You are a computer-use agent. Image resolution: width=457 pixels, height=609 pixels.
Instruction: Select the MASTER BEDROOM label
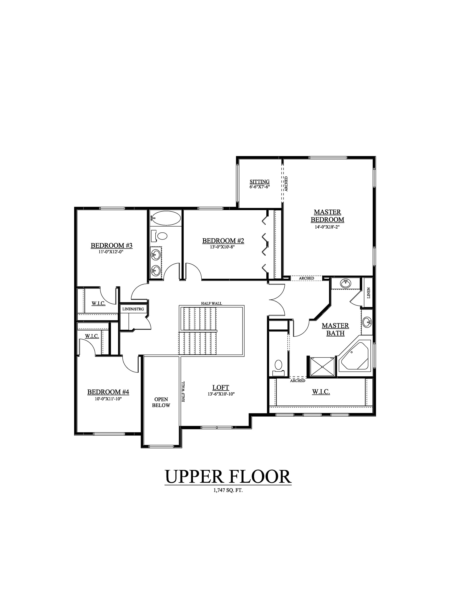[327, 216]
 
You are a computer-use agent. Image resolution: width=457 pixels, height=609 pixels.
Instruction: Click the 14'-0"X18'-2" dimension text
[327, 227]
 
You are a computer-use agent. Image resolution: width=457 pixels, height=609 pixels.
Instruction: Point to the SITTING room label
[259, 182]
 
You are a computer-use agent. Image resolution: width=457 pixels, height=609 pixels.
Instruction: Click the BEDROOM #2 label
[223, 241]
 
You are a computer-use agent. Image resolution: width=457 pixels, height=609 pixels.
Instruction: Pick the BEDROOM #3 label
[111, 245]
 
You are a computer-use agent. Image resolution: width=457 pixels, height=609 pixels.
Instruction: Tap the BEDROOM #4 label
[108, 392]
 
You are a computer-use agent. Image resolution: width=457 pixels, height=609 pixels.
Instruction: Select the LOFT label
[221, 388]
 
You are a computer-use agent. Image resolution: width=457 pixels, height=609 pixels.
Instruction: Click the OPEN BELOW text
[161, 402]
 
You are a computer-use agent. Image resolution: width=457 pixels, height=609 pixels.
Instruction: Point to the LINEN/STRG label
[133, 309]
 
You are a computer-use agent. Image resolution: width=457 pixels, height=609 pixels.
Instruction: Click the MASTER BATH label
[335, 329]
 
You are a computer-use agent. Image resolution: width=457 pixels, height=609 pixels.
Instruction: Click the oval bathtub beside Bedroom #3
[166, 218]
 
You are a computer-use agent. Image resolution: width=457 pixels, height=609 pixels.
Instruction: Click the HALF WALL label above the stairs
[211, 303]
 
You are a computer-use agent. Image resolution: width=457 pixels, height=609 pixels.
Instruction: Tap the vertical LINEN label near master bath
[369, 293]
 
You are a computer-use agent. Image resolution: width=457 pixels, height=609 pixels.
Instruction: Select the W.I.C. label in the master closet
[321, 392]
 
